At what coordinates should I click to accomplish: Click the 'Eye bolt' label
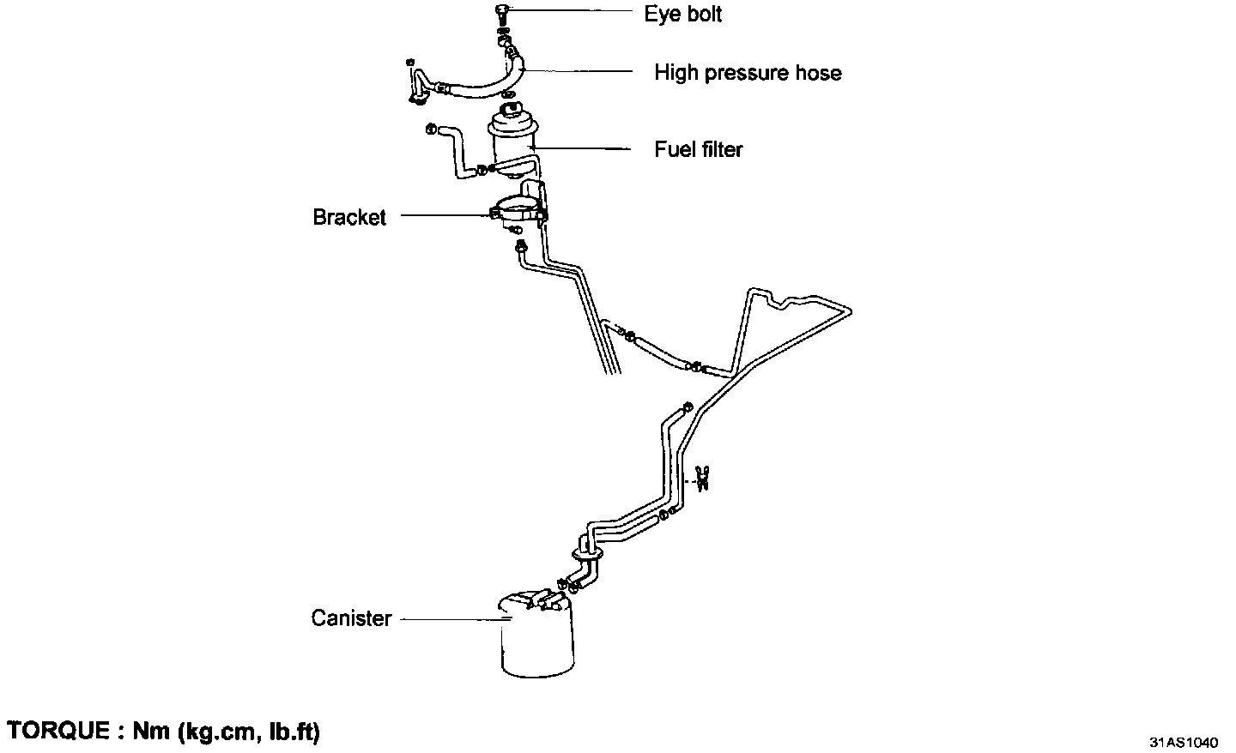tap(682, 14)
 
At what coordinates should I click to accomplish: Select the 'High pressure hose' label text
tap(748, 73)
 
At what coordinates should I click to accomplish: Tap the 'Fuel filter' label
tap(698, 149)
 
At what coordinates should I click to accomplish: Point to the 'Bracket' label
tap(349, 218)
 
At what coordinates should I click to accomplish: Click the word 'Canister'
tap(351, 618)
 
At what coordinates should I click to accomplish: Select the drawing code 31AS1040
tap(1184, 740)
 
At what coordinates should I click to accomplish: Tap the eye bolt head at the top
tap(503, 11)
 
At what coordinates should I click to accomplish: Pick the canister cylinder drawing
tap(536, 643)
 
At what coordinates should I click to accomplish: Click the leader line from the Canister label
tap(446, 618)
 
